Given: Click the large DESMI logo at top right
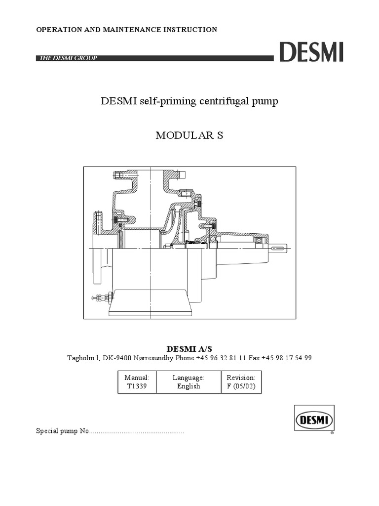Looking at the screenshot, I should click(x=311, y=52).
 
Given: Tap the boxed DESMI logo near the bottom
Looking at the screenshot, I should click(x=314, y=421).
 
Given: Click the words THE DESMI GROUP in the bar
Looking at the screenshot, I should click(x=67, y=58).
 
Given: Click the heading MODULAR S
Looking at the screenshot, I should click(x=189, y=135).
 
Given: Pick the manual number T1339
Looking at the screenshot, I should click(x=137, y=386).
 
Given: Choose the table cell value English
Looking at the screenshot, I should click(x=189, y=386).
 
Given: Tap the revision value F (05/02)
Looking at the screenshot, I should click(x=241, y=386).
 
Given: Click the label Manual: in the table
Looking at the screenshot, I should click(x=137, y=378).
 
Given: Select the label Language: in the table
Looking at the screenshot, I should click(x=189, y=378).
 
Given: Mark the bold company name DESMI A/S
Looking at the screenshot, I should click(x=189, y=349).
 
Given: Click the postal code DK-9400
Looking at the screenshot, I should click(x=116, y=358).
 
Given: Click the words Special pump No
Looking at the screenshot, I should click(x=62, y=431).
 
